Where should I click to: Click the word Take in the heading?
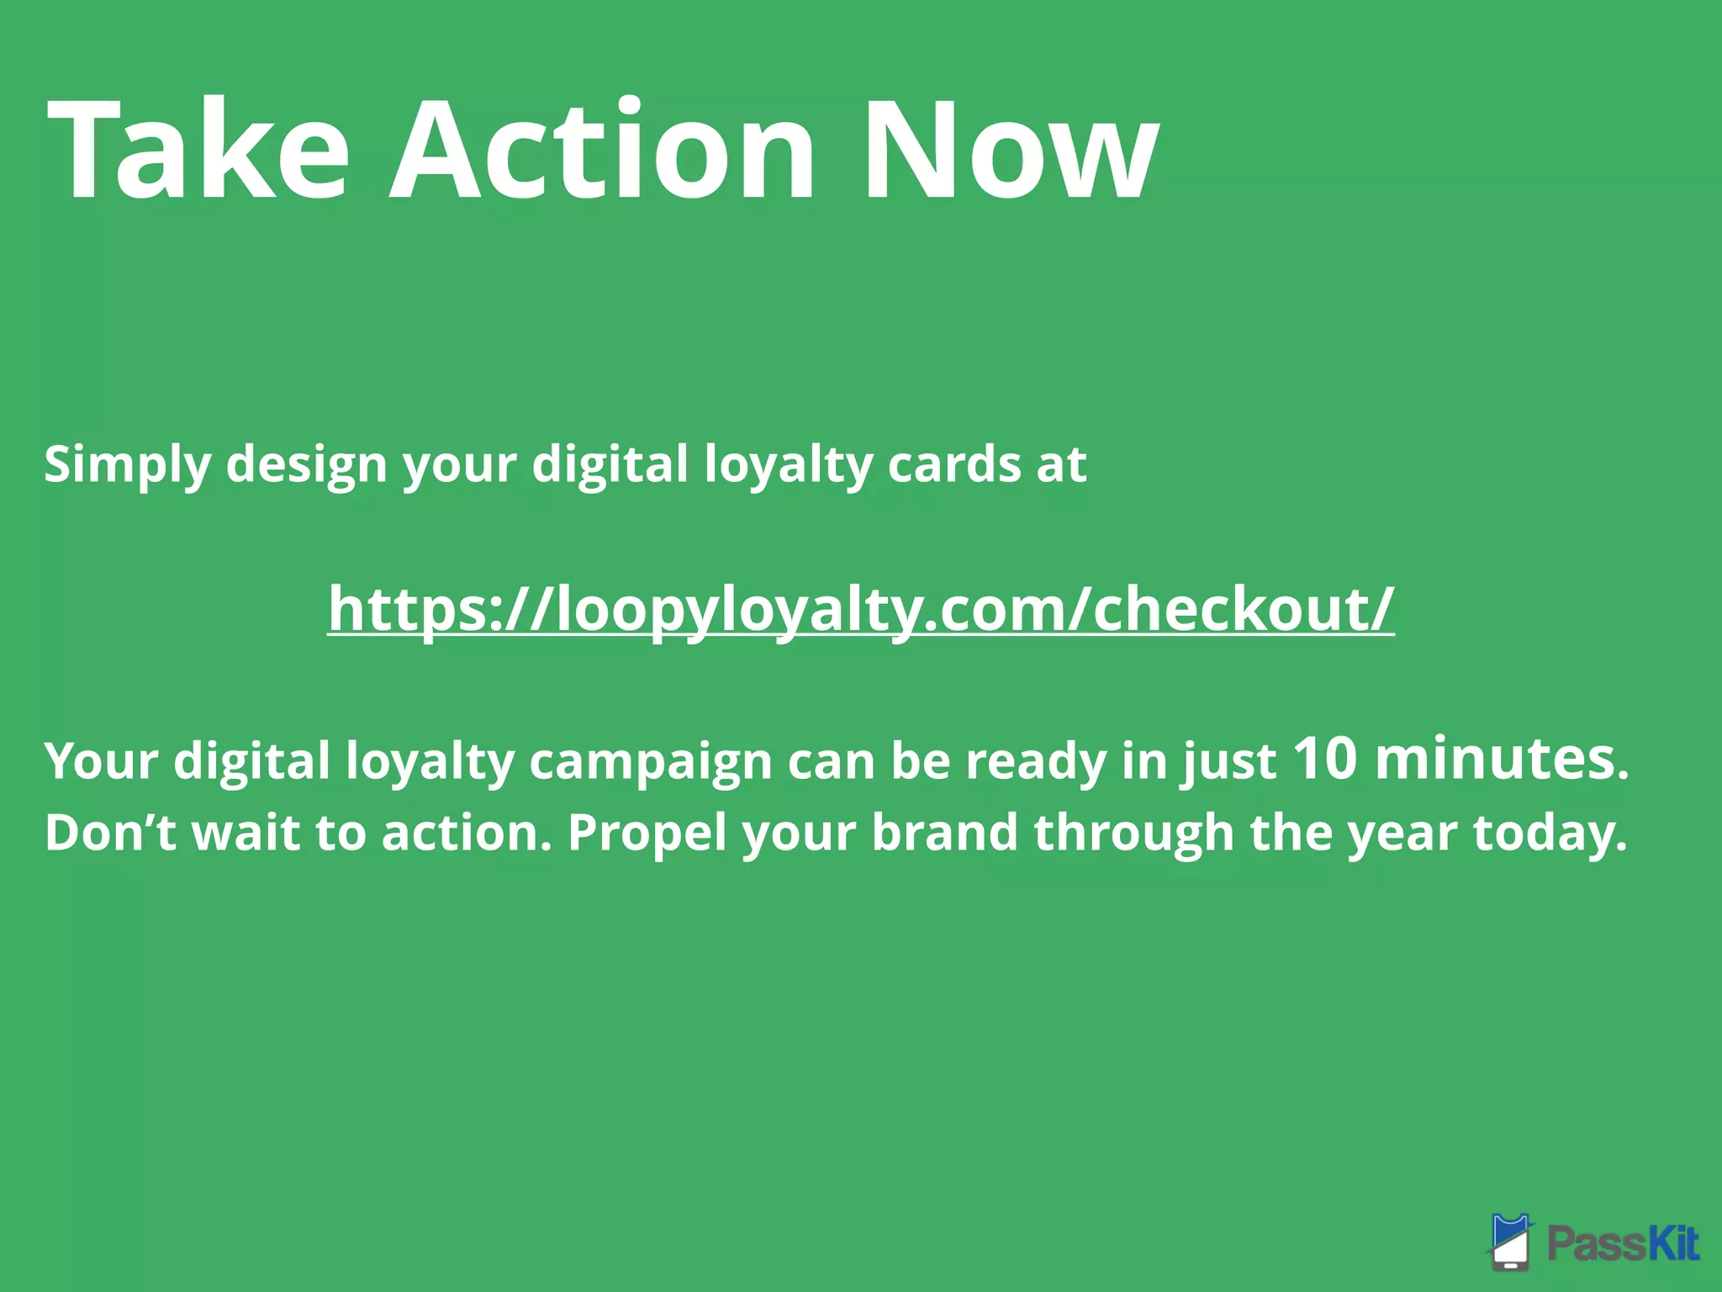[198, 151]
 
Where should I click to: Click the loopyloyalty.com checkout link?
[860, 608]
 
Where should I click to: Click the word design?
[306, 465]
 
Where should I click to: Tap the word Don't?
[110, 833]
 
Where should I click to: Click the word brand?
[945, 833]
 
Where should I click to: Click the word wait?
[246, 833]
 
